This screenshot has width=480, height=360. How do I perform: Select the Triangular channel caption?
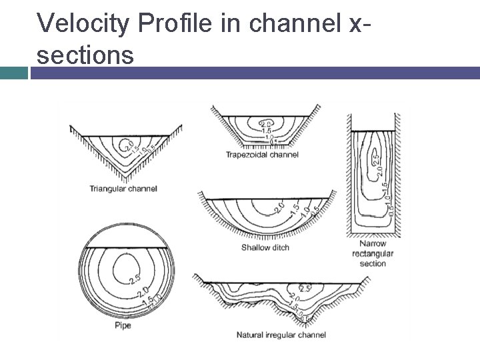tap(123, 189)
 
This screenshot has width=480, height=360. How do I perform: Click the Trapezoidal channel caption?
tap(262, 155)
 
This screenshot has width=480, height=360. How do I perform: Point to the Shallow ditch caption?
tap(265, 248)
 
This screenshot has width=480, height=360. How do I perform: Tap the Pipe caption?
tap(123, 326)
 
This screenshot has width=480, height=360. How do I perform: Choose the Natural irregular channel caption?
tap(281, 335)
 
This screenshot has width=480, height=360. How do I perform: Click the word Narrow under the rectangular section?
tap(373, 244)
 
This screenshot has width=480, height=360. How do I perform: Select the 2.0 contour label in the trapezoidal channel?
tap(265, 124)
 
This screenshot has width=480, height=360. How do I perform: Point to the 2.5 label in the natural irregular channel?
tap(305, 289)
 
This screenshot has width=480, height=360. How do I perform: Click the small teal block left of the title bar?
tap(13, 72)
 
